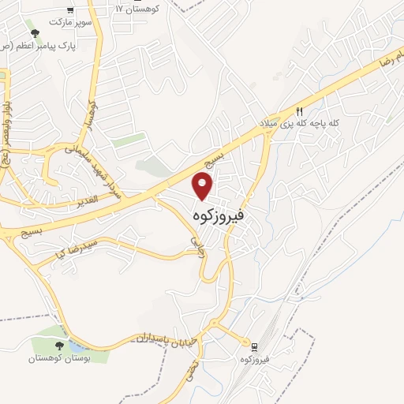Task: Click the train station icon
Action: pos(254,346)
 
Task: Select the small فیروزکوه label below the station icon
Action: pos(254,361)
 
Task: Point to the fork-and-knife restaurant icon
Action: pos(299,112)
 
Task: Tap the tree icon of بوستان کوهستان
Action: pos(59,345)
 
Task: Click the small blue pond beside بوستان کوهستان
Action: pos(77,346)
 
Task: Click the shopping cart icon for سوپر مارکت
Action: pos(70,10)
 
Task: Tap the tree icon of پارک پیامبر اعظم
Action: pos(34,33)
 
